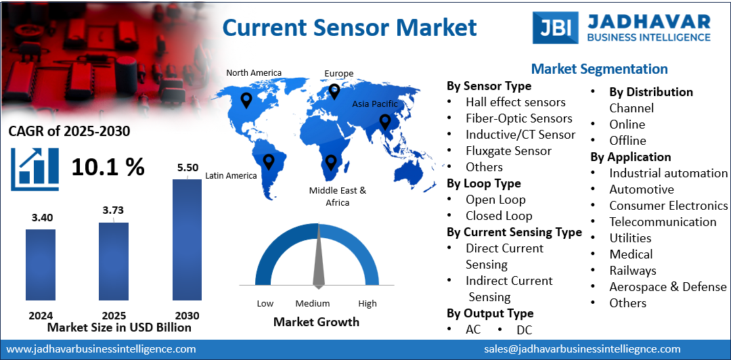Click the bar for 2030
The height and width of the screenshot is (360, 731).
coord(187,239)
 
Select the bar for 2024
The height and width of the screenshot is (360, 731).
coord(41,265)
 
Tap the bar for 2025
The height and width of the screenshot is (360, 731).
coord(114,261)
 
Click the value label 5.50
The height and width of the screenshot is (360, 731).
coord(187,167)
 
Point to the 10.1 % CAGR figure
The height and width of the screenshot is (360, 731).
coord(108,166)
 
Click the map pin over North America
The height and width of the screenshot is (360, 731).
coord(246,101)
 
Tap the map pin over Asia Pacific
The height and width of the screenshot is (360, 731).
coord(385,122)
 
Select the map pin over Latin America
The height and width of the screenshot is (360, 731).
coord(269,161)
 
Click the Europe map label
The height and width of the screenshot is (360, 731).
coord(338,74)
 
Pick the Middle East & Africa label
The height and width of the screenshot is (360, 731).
coord(337,196)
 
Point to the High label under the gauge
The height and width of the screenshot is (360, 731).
coord(368,303)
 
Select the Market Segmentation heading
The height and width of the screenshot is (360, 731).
coord(599,69)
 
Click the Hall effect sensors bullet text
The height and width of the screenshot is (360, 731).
coord(515,102)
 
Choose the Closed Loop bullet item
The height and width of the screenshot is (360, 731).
coord(499,216)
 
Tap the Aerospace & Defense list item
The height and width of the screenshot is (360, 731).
coord(667,286)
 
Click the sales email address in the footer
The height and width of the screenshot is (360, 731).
coord(582,349)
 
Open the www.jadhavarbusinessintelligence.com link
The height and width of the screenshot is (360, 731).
coord(101,349)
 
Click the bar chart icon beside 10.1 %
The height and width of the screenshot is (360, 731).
coord(30,166)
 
